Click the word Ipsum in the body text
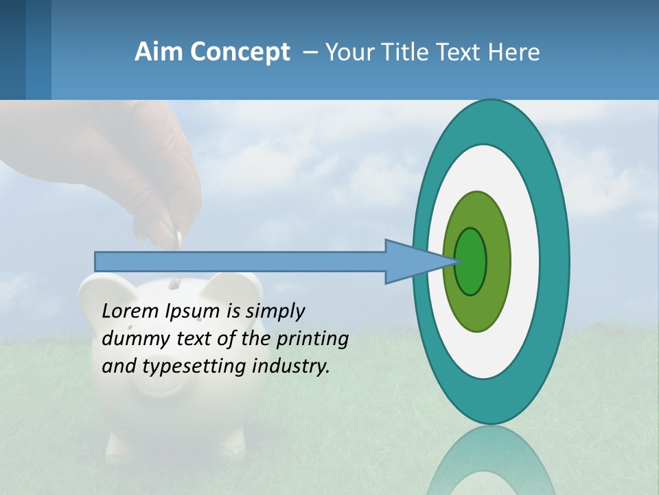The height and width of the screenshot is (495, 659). click(194, 311)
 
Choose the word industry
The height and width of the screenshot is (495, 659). click(291, 366)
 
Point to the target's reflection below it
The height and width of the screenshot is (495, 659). click(490, 461)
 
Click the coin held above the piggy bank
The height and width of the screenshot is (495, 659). click(178, 241)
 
